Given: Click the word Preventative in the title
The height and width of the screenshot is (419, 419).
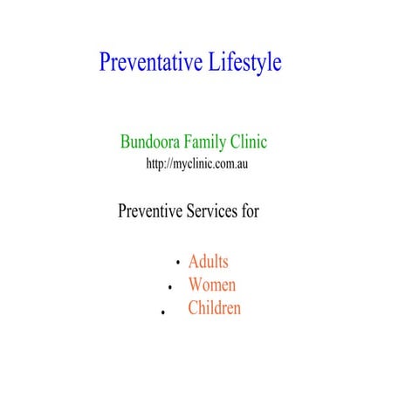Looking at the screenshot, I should [150, 63].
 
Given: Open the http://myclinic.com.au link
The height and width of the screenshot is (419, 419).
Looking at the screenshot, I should [198, 164].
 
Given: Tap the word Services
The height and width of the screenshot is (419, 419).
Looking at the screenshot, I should [214, 211].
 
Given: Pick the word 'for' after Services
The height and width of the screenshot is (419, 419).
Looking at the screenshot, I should [251, 211].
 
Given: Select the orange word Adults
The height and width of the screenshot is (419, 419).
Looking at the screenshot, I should [208, 261].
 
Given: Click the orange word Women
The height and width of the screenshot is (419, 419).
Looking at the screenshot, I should [211, 285].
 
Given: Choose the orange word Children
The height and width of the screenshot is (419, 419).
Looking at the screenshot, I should [214, 308].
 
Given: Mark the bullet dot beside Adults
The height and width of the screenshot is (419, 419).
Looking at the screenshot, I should [177, 262].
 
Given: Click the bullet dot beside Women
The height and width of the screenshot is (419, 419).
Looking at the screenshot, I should [168, 286].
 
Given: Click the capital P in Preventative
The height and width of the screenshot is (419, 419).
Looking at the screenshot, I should [106, 63].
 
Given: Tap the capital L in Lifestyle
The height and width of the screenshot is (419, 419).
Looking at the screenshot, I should [213, 63].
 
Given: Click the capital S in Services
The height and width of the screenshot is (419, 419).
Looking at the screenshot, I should [192, 211].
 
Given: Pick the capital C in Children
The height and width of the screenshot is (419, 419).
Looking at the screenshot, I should [193, 308].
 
